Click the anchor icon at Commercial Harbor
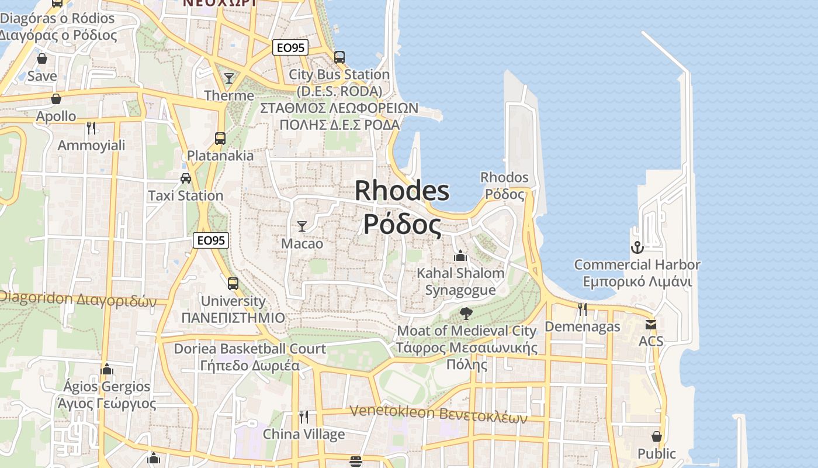[x=637, y=247]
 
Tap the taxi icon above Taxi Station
[x=186, y=178]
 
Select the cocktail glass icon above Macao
[x=302, y=226]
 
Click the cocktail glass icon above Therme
[x=229, y=78]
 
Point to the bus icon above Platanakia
[x=220, y=139]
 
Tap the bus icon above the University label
[x=233, y=284]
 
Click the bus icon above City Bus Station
[x=339, y=57]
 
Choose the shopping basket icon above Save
[x=42, y=58]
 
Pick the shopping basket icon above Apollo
[x=56, y=99]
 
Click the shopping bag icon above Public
[x=657, y=436]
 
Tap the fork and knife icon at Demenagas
[x=582, y=309]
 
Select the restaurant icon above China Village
[x=304, y=417]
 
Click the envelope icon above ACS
[x=651, y=325]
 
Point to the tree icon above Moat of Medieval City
[x=466, y=314]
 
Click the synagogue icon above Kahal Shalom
[x=460, y=256]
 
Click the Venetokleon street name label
[x=438, y=413]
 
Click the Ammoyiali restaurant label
[x=91, y=145]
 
